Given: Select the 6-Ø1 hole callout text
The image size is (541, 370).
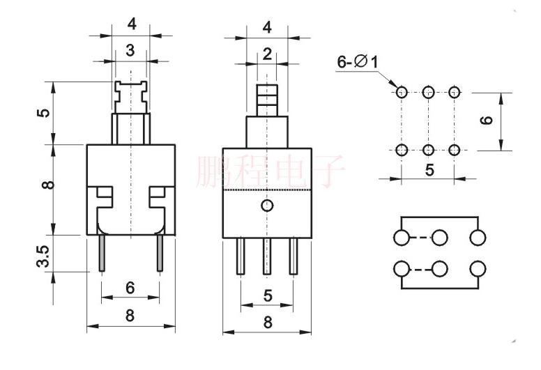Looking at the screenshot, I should [358, 63].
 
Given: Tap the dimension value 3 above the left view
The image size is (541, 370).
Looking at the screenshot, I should [130, 50].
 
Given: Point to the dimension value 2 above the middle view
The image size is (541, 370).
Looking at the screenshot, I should [268, 54].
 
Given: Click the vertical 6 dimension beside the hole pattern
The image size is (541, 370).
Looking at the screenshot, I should [487, 120].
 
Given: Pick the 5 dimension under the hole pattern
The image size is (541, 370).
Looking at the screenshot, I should [428, 169].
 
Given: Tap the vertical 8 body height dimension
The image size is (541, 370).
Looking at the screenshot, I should [45, 185].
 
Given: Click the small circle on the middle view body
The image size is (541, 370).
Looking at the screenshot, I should [267, 205].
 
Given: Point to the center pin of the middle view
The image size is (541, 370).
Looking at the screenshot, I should [267, 255].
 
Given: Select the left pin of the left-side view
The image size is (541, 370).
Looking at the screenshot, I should [102, 253].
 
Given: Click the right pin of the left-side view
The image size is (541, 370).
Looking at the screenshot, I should [160, 253].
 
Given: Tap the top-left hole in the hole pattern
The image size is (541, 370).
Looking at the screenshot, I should [402, 91].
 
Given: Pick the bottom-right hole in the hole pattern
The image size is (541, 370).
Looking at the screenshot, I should [455, 149].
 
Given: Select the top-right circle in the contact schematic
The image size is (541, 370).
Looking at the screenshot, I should [478, 238].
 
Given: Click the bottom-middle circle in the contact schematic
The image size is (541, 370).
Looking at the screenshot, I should [439, 268].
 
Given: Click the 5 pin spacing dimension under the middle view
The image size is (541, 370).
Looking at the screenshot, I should [267, 295].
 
